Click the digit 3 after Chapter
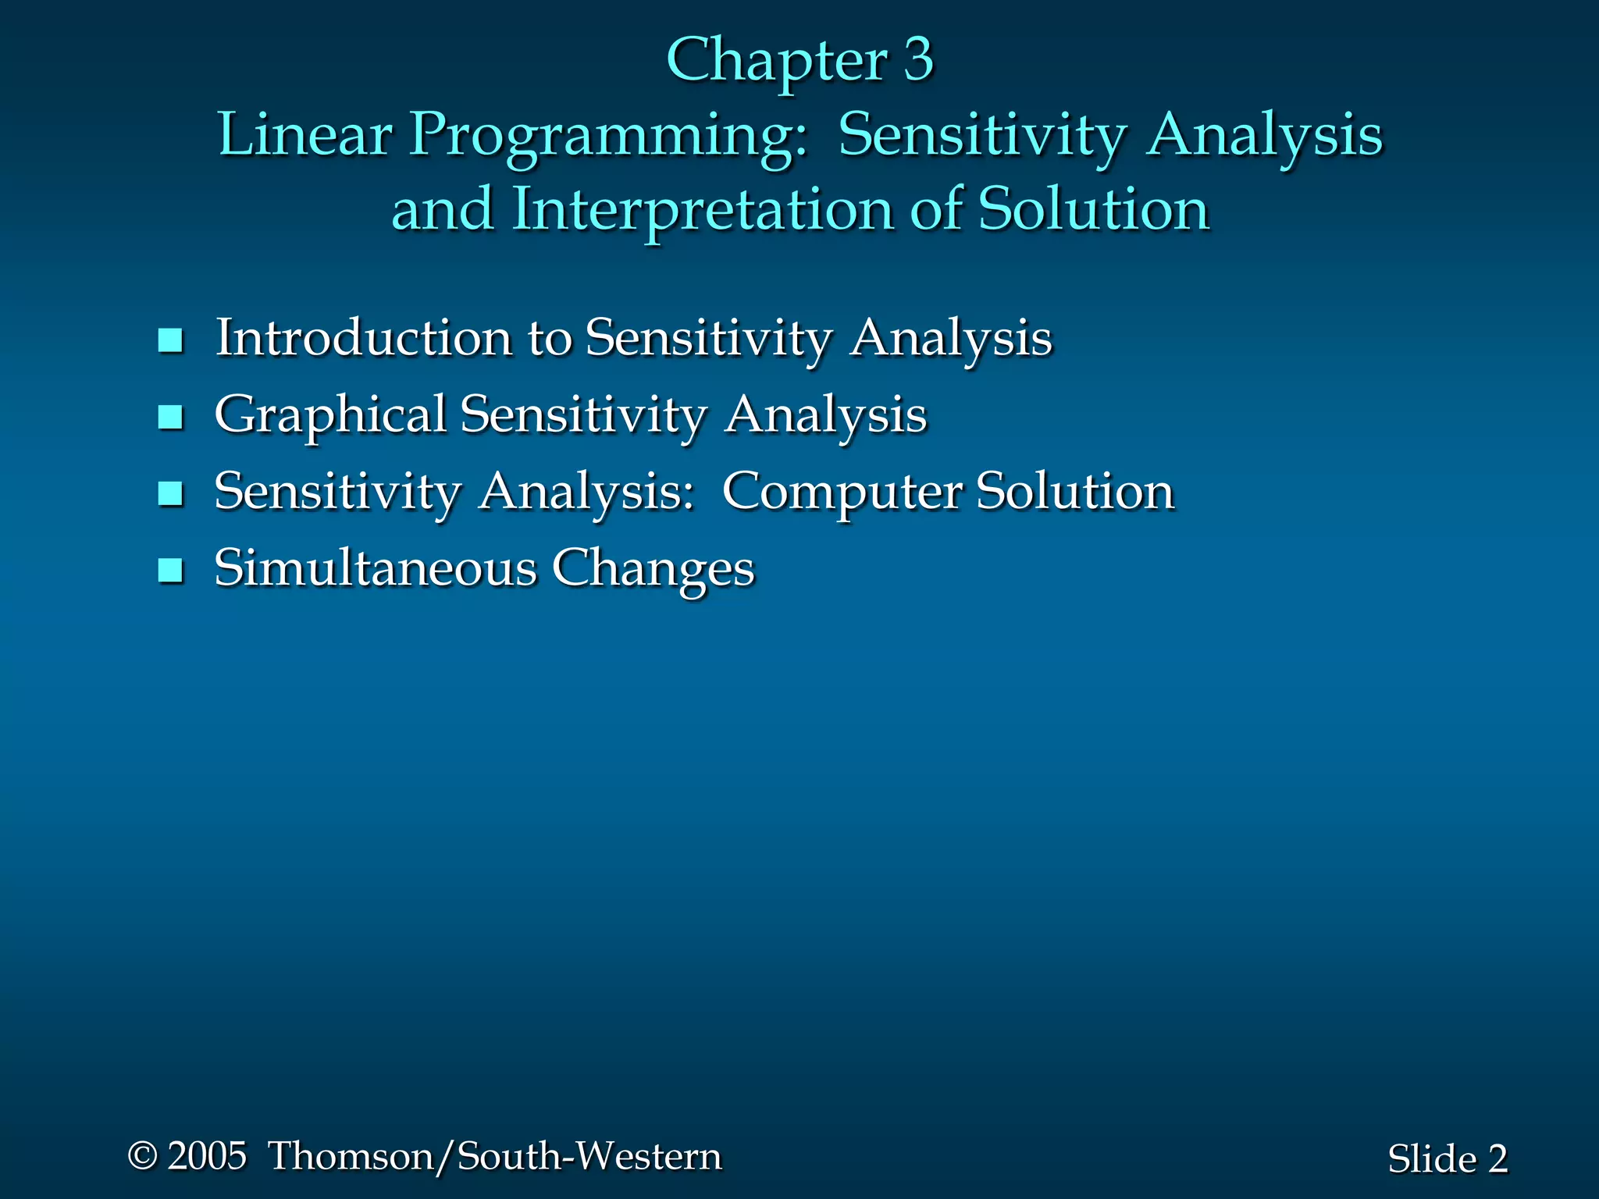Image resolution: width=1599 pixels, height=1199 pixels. pyautogui.click(x=918, y=60)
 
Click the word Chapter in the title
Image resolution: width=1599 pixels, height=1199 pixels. pyautogui.click(x=776, y=60)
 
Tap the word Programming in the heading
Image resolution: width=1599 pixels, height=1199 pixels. pyautogui.click(x=608, y=136)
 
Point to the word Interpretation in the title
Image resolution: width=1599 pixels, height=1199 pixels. pyautogui.click(x=702, y=210)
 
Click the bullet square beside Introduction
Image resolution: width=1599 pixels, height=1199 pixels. pyautogui.click(x=170, y=340)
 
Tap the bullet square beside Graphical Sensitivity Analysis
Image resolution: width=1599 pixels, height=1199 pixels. pyautogui.click(x=170, y=417)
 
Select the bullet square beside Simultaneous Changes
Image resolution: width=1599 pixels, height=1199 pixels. pyautogui.click(x=170, y=571)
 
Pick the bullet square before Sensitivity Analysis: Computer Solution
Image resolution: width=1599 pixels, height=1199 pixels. pyautogui.click(x=170, y=493)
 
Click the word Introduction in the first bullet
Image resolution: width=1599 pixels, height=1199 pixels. pyautogui.click(x=363, y=338)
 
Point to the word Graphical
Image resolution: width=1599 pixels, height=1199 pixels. pyautogui.click(x=330, y=415)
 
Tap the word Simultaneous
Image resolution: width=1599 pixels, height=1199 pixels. pyautogui.click(x=376, y=567)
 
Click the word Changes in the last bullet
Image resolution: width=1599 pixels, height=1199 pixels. pyautogui.click(x=653, y=569)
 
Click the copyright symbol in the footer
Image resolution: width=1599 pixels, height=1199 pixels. pyautogui.click(x=142, y=1156)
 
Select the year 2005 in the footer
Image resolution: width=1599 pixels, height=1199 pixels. pyautogui.click(x=208, y=1156)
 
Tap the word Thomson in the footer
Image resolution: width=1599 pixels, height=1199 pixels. pyautogui.click(x=352, y=1156)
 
